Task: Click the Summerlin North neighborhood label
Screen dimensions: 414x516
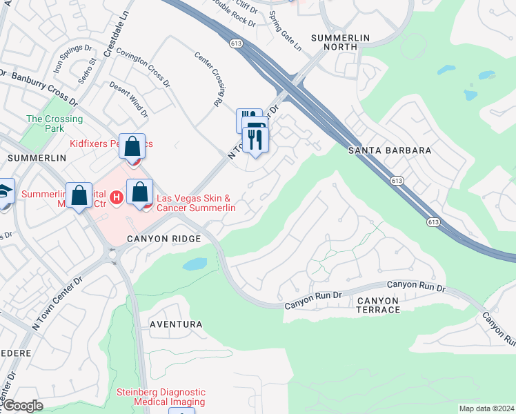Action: click(x=341, y=42)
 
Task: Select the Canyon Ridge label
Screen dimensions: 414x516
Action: click(x=163, y=239)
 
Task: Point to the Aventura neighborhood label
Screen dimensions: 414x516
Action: click(x=176, y=324)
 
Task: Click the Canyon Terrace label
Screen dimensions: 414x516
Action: click(x=379, y=305)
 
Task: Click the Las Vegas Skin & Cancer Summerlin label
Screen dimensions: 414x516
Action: click(x=197, y=203)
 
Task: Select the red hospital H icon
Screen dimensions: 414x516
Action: click(x=117, y=198)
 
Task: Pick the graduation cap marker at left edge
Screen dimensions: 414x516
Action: click(x=5, y=193)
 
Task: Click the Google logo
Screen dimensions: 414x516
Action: click(x=22, y=406)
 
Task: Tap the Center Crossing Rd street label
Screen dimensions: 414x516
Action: click(x=210, y=79)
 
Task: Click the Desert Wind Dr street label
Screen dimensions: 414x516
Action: click(x=129, y=99)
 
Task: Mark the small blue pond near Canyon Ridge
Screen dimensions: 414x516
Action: click(x=195, y=264)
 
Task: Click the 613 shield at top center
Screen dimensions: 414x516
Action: click(x=237, y=43)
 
